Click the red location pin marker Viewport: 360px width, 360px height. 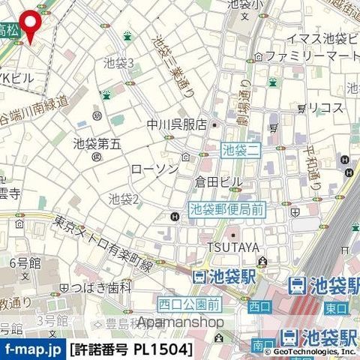point(30,24)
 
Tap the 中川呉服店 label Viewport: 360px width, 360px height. point(176,125)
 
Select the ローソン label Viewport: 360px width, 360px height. point(154,169)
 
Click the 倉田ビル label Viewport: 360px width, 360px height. point(218,182)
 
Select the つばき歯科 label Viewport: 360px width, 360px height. point(100,287)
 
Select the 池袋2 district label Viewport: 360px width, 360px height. point(124,199)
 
